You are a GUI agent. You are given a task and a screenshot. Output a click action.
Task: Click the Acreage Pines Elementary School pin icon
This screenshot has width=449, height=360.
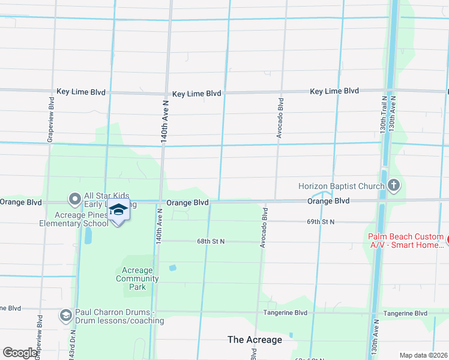click(x=118, y=211)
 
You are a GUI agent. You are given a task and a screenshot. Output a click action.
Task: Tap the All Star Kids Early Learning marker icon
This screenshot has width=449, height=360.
click(x=74, y=198)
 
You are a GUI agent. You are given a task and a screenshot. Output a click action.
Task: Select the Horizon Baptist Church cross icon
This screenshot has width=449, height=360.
click(x=394, y=185)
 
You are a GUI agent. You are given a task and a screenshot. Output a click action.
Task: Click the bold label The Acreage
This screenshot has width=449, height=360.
click(x=255, y=340)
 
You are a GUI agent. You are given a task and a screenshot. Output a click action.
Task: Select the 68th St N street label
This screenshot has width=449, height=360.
click(x=211, y=241)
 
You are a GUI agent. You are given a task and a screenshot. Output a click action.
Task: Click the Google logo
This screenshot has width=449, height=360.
click(x=20, y=353)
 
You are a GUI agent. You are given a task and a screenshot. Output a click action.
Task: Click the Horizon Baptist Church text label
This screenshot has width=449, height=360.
click(x=341, y=186)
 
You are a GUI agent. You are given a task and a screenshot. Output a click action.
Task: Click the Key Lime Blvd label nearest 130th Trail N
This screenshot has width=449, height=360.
click(x=334, y=91)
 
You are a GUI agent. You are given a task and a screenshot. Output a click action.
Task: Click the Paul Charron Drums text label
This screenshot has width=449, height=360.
click(x=119, y=316)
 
